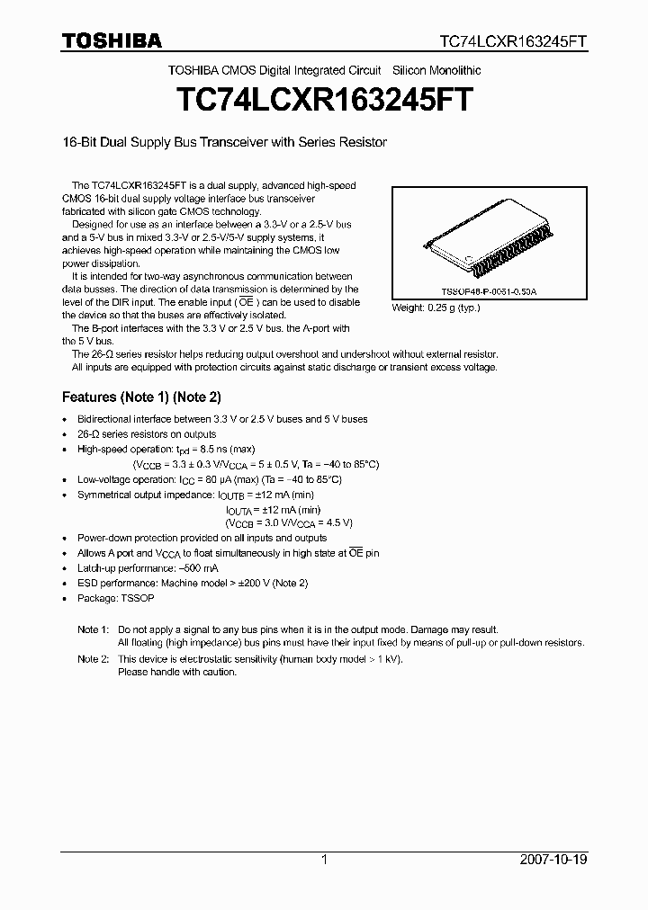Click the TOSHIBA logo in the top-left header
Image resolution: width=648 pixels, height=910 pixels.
click(x=112, y=40)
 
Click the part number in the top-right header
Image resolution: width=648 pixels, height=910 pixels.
click(x=513, y=41)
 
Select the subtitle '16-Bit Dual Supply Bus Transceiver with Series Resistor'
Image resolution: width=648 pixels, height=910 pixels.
click(x=224, y=143)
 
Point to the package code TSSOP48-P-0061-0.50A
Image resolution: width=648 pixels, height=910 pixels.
click(x=488, y=293)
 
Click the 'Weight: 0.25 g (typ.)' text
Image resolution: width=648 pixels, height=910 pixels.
click(x=436, y=308)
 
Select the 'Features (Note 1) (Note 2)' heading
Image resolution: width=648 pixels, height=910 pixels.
click(x=141, y=397)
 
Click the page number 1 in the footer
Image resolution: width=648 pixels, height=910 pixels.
click(x=324, y=860)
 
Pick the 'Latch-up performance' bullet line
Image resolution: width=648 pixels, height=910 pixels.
click(x=148, y=568)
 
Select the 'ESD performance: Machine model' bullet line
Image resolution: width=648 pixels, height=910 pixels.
click(x=192, y=583)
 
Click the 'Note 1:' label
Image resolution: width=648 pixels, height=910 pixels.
click(x=93, y=629)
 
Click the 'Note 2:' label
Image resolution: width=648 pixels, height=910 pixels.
click(x=93, y=659)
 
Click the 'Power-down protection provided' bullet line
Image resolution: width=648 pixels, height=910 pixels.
click(x=202, y=538)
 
